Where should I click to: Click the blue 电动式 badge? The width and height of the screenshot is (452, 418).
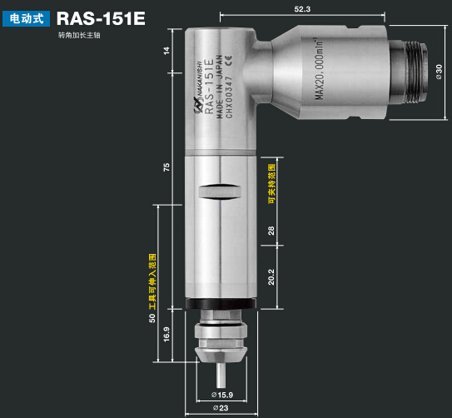tap(27, 17)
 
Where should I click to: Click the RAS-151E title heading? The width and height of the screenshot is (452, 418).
tap(101, 17)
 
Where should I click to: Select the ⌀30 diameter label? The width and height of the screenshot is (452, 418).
tap(439, 67)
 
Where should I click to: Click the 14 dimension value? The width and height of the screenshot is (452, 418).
tap(166, 51)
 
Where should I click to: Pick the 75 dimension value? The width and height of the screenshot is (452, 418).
tap(166, 168)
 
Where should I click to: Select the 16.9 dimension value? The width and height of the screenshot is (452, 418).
tap(166, 333)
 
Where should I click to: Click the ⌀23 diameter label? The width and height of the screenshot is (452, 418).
tap(221, 408)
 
